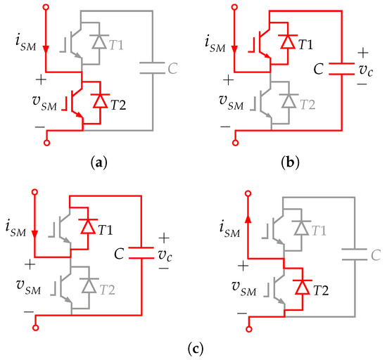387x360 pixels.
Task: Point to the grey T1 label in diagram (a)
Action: point(118,44)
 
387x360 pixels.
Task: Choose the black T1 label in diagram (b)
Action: point(305,44)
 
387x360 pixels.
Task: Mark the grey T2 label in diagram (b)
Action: point(305,103)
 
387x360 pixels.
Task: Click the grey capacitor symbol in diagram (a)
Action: point(151,68)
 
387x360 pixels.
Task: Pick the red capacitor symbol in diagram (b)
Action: point(341,68)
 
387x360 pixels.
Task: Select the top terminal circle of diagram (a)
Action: point(46,8)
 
